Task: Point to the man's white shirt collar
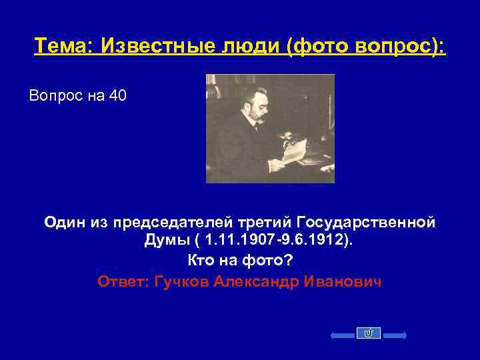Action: click(x=255, y=127)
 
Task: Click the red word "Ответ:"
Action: click(x=123, y=281)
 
